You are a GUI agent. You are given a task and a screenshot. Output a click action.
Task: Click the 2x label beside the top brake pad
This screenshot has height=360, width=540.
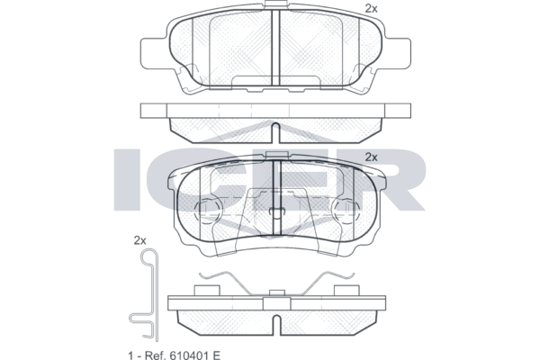click(371, 9)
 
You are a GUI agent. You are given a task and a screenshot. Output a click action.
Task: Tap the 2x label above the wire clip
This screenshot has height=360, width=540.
click(139, 240)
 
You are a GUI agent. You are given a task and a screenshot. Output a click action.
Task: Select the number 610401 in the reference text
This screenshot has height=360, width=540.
click(188, 355)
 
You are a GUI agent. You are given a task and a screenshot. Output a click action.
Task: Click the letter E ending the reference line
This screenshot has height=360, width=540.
click(216, 355)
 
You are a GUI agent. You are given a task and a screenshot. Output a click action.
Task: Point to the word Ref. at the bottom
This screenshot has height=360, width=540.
click(154, 355)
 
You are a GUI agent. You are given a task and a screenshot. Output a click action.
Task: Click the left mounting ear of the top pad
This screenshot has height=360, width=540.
click(154, 53)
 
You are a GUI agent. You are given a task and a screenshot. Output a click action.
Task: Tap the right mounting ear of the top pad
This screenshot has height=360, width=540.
click(397, 53)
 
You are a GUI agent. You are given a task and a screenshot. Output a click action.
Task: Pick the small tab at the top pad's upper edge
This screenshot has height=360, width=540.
click(275, 4)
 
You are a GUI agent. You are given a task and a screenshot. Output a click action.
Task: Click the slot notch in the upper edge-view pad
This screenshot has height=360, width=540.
click(275, 132)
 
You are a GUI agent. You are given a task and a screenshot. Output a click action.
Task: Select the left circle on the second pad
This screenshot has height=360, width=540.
click(209, 211)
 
